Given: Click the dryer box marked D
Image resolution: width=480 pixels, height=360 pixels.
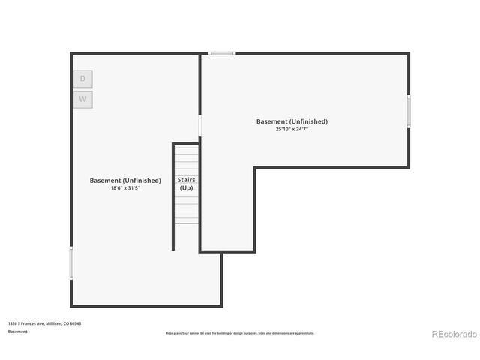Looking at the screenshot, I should coord(83,79).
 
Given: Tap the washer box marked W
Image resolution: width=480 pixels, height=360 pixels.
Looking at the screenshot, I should coord(83,99).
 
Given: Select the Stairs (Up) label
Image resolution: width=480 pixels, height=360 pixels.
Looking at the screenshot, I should coord(187,184).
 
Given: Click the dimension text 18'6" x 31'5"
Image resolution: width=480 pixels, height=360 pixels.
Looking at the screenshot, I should coord(125,188).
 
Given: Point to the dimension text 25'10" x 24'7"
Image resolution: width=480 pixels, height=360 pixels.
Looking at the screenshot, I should coord(292,129).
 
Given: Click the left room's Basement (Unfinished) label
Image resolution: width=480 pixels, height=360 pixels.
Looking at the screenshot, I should coord(125,181).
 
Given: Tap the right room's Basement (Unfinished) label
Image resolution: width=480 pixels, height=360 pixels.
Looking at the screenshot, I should coord(292,121).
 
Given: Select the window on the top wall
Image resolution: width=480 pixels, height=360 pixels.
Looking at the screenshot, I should coord(222,53).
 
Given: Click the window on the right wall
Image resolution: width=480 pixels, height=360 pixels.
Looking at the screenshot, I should coord(409,110).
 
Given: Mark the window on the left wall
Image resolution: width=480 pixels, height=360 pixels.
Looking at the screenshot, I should coord(71,263).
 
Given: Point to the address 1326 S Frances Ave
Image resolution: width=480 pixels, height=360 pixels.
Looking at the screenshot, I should coord(26,323).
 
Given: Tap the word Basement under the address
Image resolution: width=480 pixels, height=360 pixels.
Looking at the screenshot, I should coord(17,331).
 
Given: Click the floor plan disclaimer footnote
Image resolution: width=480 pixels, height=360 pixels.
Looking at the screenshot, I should coord(240,333).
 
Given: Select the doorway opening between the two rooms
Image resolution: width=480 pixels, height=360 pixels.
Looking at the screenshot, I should coord(199,125).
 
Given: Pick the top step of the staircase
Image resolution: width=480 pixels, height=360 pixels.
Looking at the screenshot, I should coord(187,148).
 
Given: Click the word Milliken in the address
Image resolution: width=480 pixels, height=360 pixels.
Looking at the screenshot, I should coord(55,323).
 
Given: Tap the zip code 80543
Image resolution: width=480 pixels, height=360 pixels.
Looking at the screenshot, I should coord(76,323).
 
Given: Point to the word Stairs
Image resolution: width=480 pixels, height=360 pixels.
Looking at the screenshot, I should coord(187,181).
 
